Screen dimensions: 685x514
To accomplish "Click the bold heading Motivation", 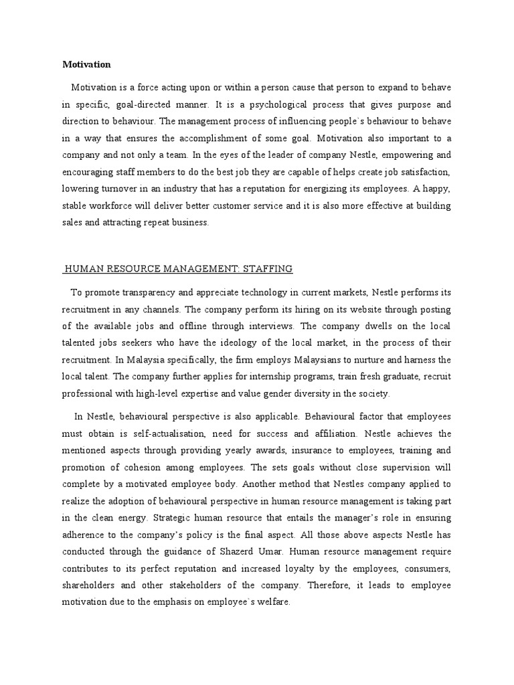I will [x=86, y=65].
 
